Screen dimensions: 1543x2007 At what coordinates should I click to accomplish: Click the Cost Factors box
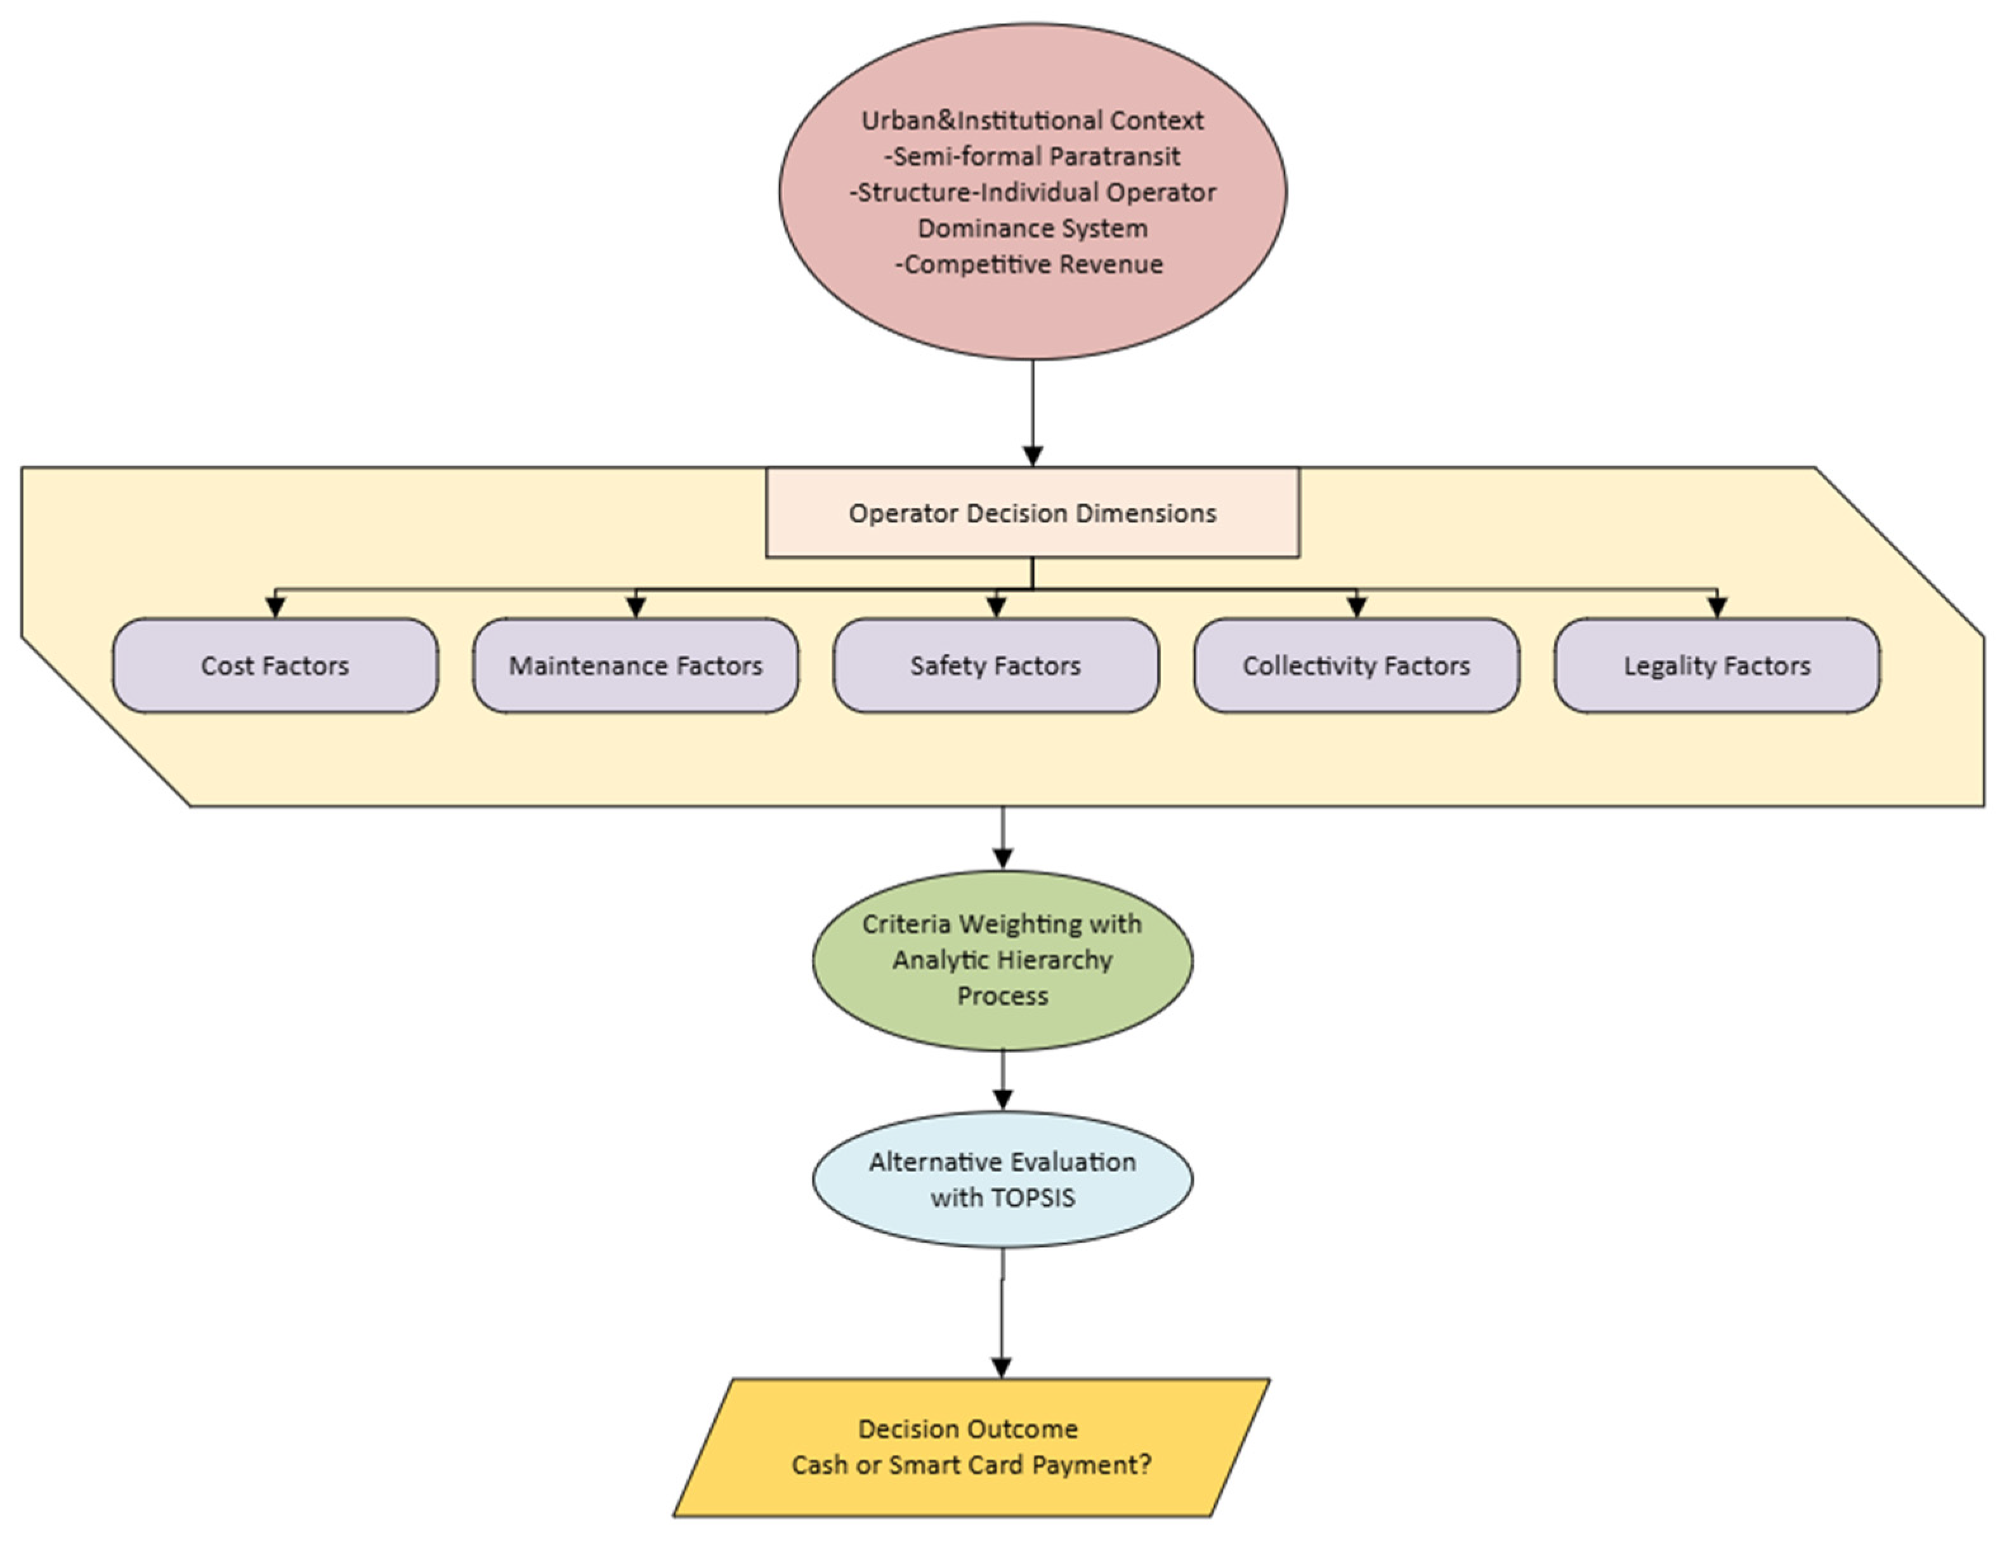(x=275, y=665)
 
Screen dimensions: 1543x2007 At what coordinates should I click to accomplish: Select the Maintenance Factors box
(x=635, y=665)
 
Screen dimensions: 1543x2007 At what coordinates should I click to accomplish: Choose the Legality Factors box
(x=1716, y=665)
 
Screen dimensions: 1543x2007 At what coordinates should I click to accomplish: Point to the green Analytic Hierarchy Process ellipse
(x=1002, y=959)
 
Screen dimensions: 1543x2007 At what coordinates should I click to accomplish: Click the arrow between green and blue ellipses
(x=1002, y=1079)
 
